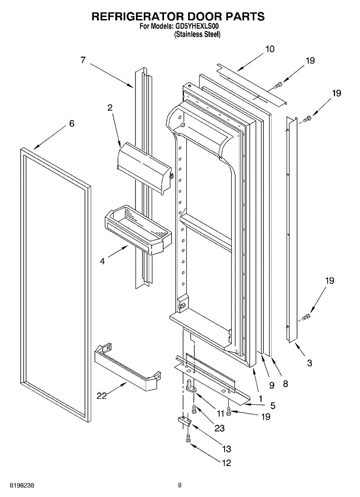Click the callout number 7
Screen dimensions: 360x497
(x=83, y=60)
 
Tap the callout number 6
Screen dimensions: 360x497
(x=72, y=123)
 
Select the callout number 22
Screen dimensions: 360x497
(x=102, y=396)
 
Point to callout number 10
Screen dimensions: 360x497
(x=270, y=49)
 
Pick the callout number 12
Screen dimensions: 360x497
(x=226, y=469)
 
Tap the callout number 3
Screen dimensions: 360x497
(x=309, y=363)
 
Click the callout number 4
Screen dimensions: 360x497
(x=102, y=261)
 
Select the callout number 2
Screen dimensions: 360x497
(x=110, y=108)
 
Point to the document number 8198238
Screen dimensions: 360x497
(x=22, y=485)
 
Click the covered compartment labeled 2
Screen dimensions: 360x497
(x=145, y=168)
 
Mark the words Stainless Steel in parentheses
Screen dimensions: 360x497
(x=197, y=35)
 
